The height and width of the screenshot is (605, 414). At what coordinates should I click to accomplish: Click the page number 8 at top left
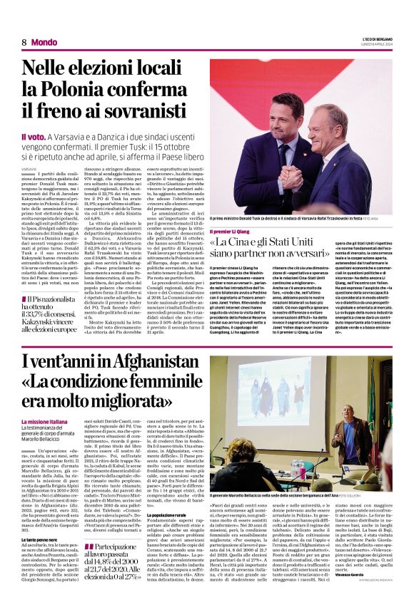click(x=24, y=42)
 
